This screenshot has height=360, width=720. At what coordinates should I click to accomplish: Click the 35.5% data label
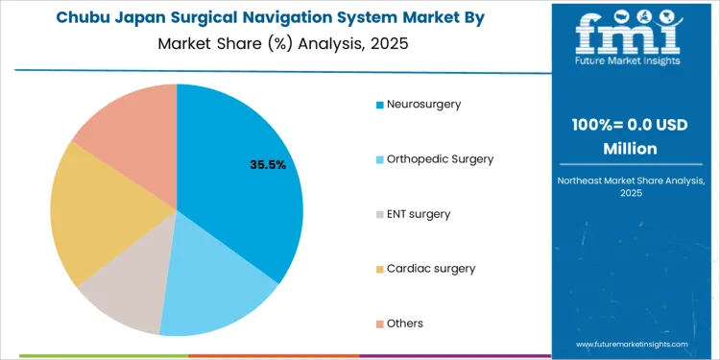pos(268,165)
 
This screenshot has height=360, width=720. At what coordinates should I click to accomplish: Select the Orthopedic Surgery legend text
pos(440,158)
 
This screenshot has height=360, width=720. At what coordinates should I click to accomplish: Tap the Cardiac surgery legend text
pos(431,268)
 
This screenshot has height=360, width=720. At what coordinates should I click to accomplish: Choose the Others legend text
pos(405,323)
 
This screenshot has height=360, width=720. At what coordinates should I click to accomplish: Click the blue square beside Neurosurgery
pos(380,104)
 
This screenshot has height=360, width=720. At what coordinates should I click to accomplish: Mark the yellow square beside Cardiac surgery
pos(380,268)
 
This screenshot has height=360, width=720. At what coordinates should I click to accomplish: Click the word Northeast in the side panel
pos(586,180)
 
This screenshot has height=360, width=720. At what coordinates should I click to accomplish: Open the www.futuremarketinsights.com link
pos(633,343)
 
